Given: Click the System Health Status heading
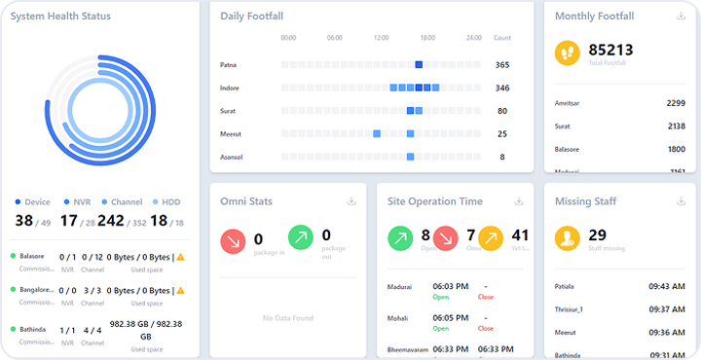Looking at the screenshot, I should pos(60,17).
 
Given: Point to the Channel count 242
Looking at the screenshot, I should pos(110,221).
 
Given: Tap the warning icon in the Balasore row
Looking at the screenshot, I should pos(180,257).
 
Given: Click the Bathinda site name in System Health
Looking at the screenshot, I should pos(32,329).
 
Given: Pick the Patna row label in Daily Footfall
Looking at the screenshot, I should pos(229,65).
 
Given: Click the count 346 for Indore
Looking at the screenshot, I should pos(501,88).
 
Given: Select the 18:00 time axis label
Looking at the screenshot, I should pos(427,38).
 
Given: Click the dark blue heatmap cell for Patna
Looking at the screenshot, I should pos(419,65).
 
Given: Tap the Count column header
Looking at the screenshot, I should pos(501,38).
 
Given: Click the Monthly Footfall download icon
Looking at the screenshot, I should pos(681,17).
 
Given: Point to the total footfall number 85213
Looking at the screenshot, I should pos(610,50).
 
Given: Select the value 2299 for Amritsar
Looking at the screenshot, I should pos(676,102).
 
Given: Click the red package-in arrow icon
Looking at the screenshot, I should pos(234,240).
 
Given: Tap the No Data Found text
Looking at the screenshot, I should pos(287,318).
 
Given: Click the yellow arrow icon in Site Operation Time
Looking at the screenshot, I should pos(490,238).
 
